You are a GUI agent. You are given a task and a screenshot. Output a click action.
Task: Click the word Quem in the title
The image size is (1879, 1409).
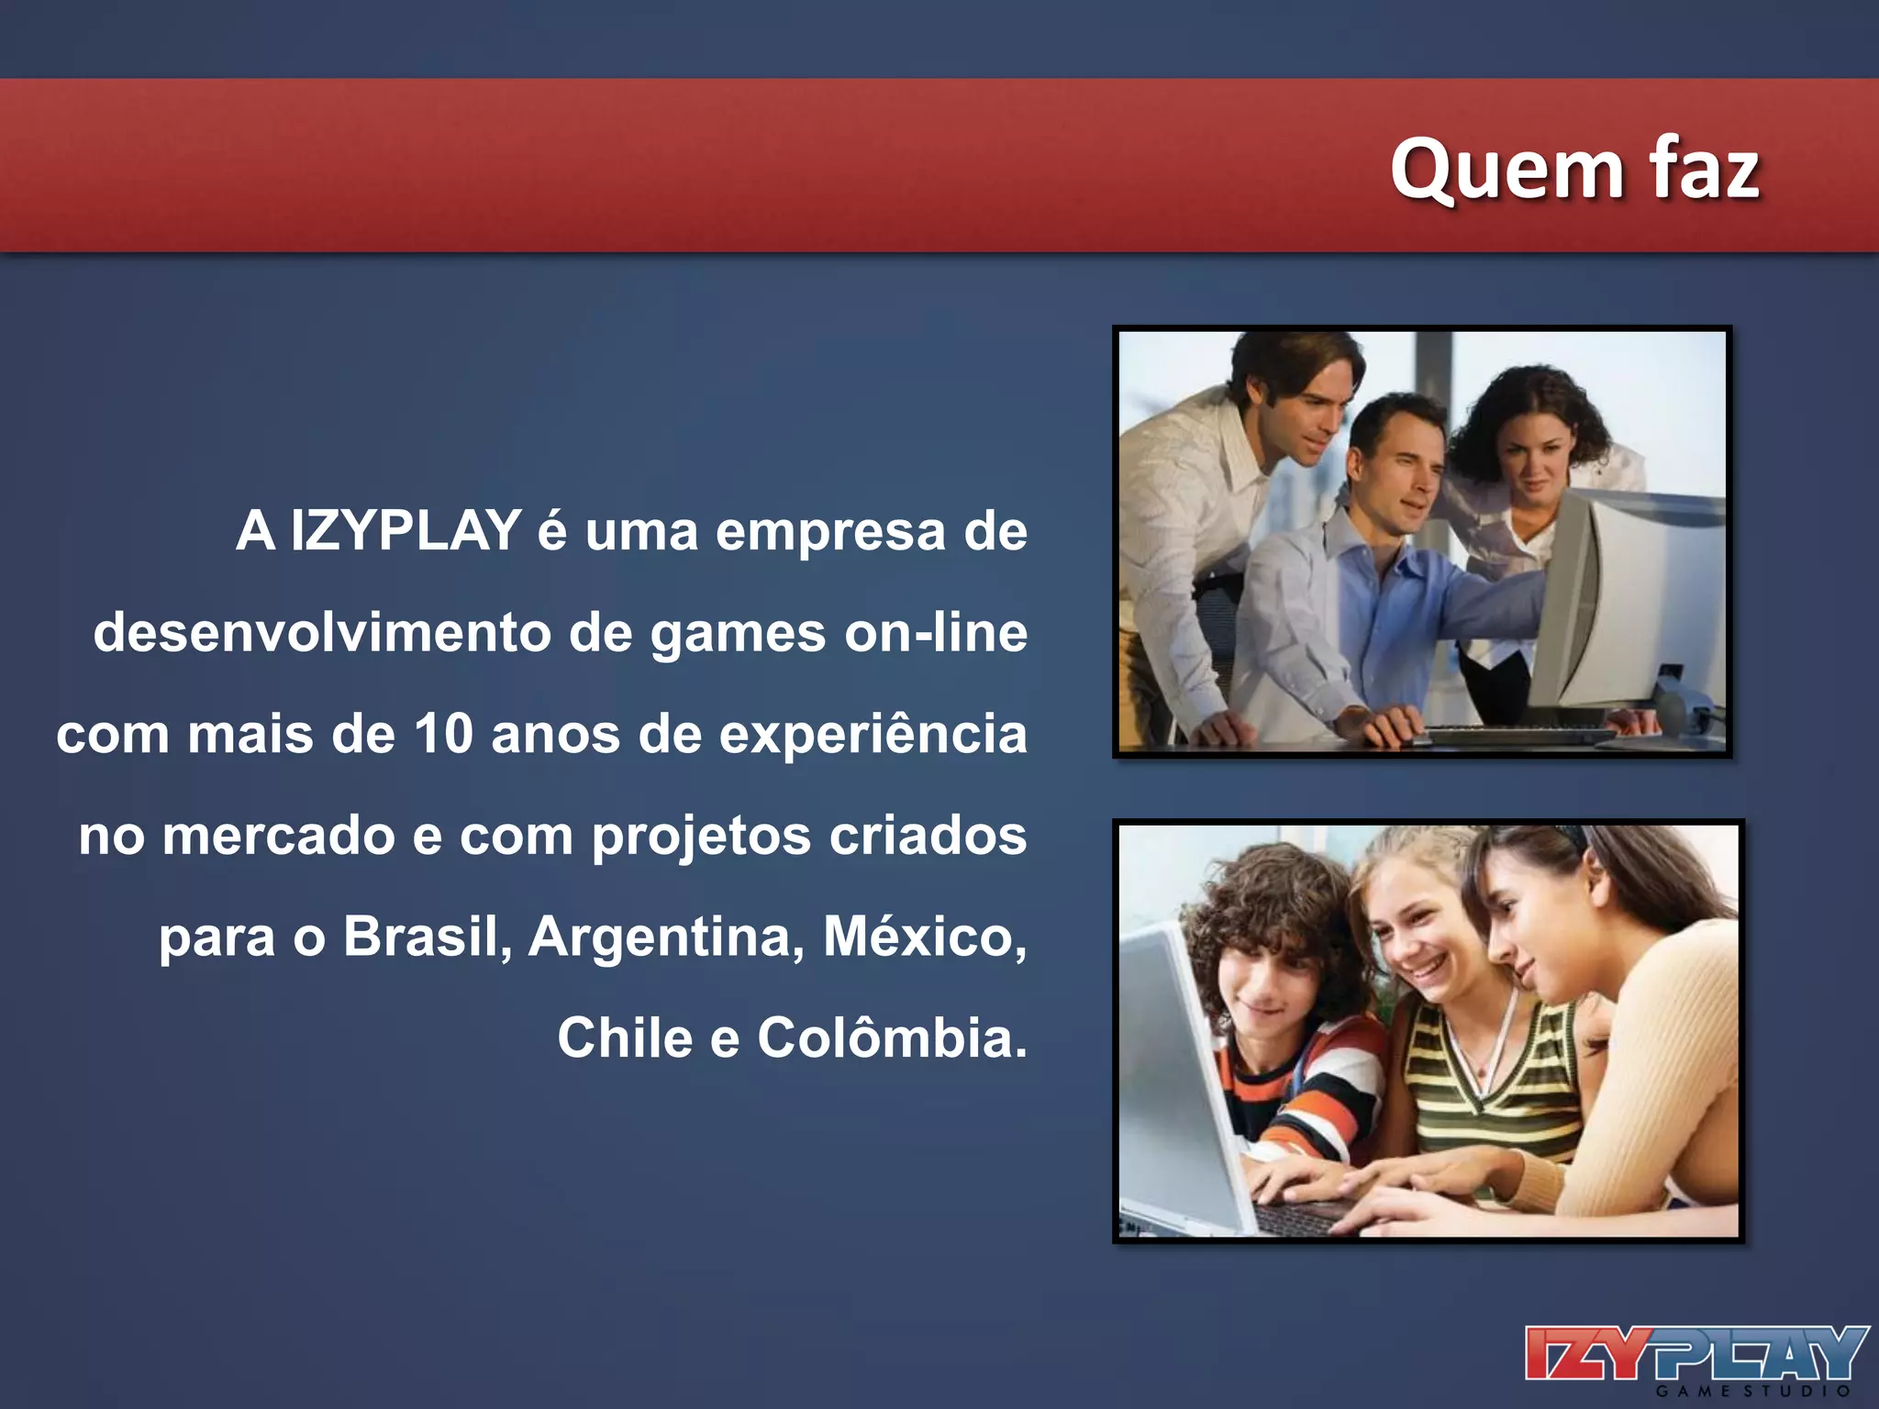[x=1506, y=170]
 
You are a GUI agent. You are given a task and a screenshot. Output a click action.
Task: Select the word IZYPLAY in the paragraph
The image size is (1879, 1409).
[x=406, y=531]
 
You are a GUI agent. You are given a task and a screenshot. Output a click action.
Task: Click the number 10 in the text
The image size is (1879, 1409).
[x=443, y=734]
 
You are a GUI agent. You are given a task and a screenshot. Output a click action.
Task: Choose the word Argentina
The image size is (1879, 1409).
[x=666, y=937]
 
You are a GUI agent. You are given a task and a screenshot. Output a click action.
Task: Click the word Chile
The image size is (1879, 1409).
[x=625, y=1038]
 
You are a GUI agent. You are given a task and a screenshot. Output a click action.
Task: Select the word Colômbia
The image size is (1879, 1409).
[x=892, y=1038]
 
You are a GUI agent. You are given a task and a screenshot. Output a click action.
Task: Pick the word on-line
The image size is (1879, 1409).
[x=936, y=633]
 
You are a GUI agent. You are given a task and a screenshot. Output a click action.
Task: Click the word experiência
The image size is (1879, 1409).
[x=873, y=736]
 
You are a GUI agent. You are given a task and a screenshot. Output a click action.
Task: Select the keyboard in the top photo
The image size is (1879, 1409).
[x=1523, y=734]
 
